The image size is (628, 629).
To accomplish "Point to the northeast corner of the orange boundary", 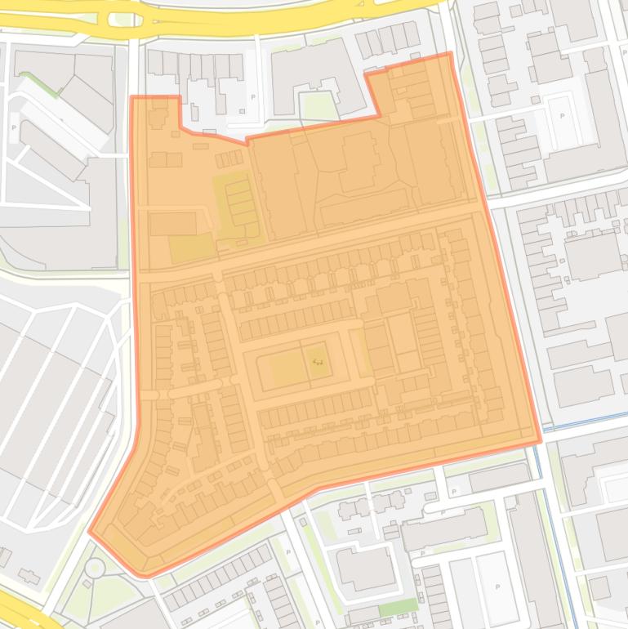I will click(x=449, y=55).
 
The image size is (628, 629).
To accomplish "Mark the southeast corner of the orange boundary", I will click(x=540, y=442).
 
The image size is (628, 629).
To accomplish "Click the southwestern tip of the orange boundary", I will click(x=90, y=532).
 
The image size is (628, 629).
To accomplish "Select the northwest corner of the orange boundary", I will click(x=132, y=97).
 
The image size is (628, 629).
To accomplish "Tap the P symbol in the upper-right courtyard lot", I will click(x=562, y=115).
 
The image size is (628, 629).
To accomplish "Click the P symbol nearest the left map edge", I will click(x=14, y=127).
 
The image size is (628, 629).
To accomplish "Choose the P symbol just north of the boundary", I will click(x=252, y=96).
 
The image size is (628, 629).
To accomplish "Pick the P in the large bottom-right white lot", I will click(x=498, y=587).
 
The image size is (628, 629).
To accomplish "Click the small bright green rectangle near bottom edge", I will click(x=400, y=607).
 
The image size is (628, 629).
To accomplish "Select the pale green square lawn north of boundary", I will click(x=318, y=105).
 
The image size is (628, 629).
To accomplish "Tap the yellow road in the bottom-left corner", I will click(x=24, y=609).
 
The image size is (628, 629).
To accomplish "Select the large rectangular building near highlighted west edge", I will click(x=173, y=223).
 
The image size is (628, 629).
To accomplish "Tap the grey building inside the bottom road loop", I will click(x=366, y=568).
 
